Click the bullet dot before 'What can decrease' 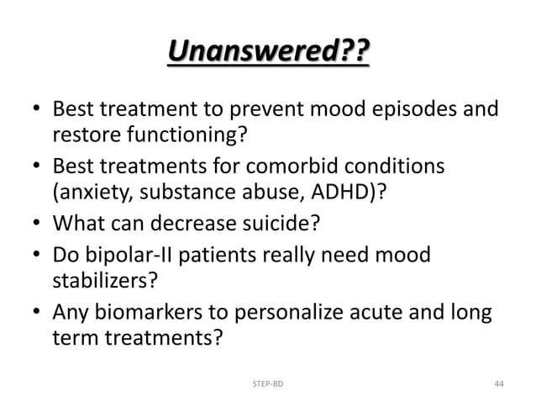(x=38, y=224)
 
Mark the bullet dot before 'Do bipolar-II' (x=38, y=254)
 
